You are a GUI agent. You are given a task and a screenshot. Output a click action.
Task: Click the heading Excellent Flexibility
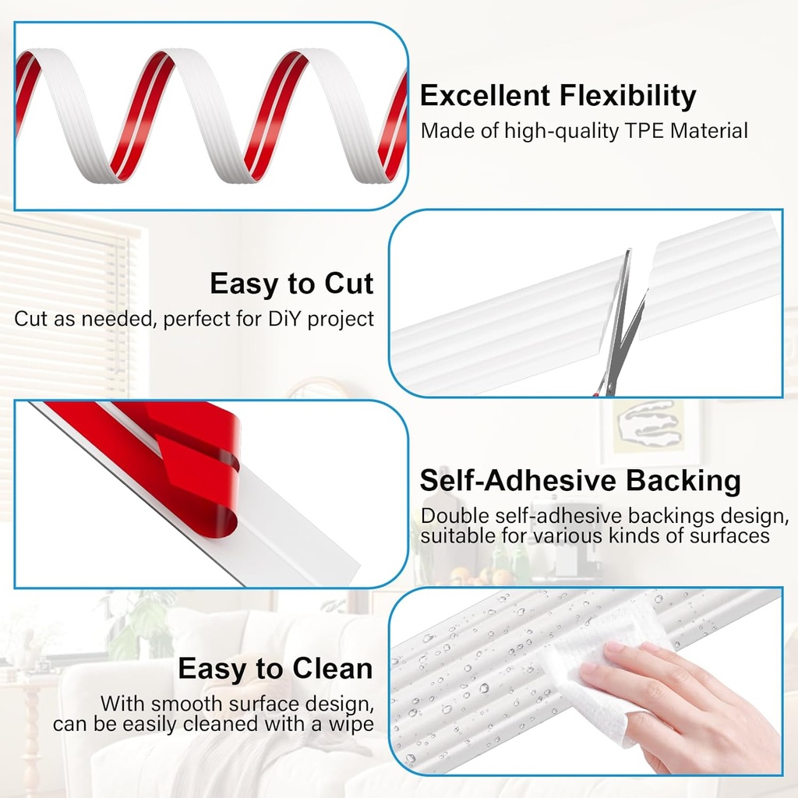[558, 96]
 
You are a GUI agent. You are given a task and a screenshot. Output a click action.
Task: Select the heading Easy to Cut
[291, 284]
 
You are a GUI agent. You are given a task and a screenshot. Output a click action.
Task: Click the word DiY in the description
[285, 319]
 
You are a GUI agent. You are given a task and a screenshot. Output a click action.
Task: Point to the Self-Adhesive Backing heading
[580, 480]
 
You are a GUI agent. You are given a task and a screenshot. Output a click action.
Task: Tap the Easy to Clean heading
[275, 669]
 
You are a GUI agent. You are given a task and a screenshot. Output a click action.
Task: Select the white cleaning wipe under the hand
[600, 670]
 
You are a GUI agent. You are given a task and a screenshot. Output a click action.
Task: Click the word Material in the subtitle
[710, 130]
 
